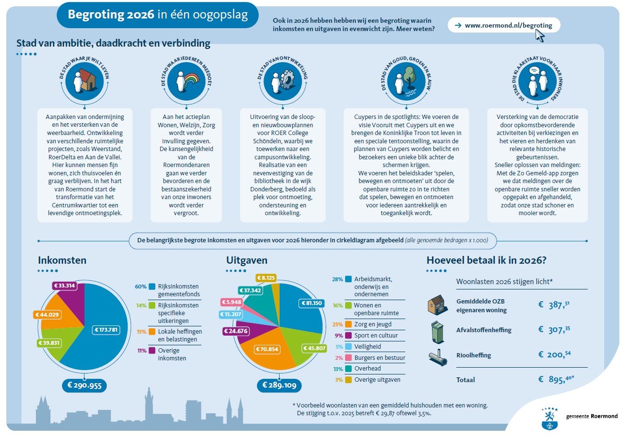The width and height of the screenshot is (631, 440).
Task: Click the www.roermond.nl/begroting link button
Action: tap(503, 25)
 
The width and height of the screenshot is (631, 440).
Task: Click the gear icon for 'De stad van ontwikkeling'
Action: tap(287, 80)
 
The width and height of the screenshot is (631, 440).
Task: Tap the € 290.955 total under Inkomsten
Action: tap(84, 385)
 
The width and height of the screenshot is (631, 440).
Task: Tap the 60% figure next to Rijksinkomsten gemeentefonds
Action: tap(141, 287)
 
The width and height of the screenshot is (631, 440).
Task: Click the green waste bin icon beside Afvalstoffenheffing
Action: tap(438, 331)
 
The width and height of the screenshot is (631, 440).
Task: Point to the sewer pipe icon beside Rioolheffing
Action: tap(437, 357)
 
